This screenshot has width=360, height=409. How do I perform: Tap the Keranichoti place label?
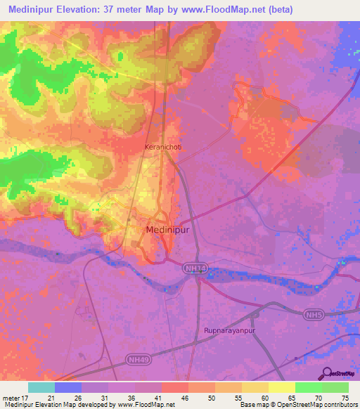click(x=163, y=147)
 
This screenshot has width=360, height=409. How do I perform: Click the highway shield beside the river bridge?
click(x=195, y=268)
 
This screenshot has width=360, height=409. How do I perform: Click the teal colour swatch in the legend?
click(x=41, y=387)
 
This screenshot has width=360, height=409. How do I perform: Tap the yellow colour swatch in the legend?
click(x=282, y=387)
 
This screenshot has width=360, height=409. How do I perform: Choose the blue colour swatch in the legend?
click(x=68, y=387)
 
